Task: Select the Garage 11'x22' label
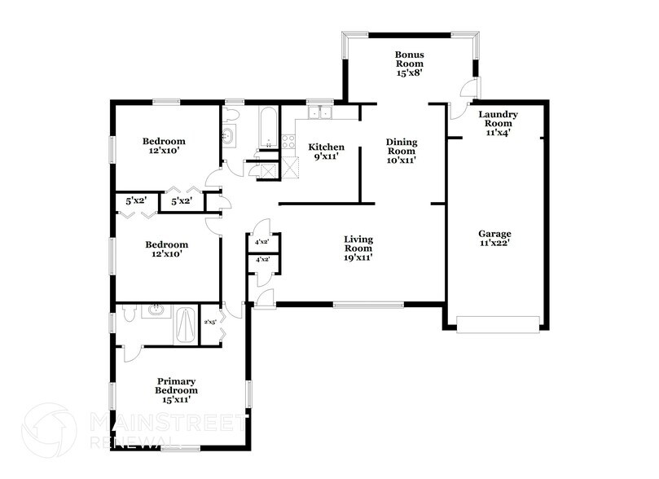pyautogui.click(x=494, y=238)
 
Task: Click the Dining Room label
pyautogui.click(x=401, y=151)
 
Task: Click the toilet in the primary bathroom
pyautogui.click(x=128, y=312)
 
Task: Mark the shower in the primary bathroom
pyautogui.click(x=186, y=326)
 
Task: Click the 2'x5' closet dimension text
pyautogui.click(x=209, y=322)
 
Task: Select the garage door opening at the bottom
pyautogui.click(x=498, y=326)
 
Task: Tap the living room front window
pyautogui.click(x=368, y=305)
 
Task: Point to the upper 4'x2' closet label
pyautogui.click(x=263, y=242)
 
